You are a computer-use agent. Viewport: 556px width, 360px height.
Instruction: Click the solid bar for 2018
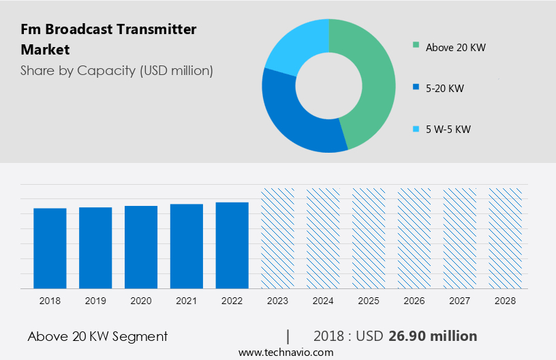point(50,248)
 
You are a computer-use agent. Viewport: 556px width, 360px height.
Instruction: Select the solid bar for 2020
point(141,247)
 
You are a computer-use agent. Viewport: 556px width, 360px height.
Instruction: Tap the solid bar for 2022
point(232,245)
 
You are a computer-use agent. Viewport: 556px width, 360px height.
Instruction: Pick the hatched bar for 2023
point(278,238)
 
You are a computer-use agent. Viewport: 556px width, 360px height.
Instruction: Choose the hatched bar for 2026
point(414,238)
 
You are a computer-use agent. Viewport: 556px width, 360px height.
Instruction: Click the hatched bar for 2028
point(506,238)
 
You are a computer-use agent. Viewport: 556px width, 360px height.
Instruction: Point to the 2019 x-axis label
point(95,300)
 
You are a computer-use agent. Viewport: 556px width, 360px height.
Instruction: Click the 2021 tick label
point(187,300)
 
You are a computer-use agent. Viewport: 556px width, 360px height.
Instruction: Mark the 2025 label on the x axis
point(369,300)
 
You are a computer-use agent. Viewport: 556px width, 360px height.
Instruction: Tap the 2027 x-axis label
point(460,300)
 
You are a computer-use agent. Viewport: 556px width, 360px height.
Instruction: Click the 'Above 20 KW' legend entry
point(455,47)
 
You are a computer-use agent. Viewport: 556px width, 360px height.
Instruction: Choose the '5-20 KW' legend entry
point(444,88)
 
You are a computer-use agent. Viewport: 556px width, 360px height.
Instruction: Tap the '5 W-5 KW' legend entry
point(448,129)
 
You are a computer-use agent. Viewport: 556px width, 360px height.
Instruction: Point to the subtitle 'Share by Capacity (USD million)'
point(117,70)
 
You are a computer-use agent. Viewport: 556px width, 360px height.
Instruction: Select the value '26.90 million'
point(433,336)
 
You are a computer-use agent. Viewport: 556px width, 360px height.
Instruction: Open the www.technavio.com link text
point(285,352)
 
